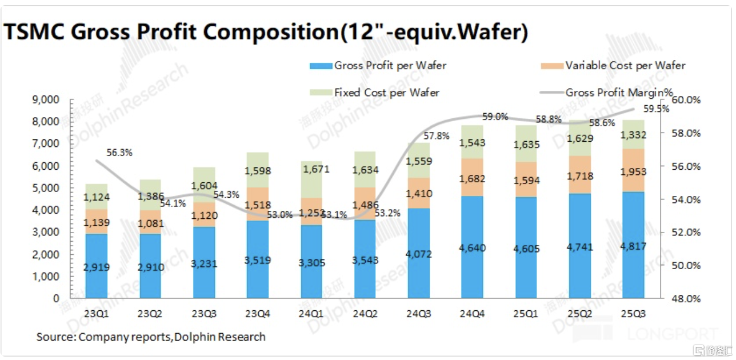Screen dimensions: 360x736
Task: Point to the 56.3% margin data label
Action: (x=119, y=153)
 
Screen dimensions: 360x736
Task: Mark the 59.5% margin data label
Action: (x=657, y=109)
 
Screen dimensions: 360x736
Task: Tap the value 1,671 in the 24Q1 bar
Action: (x=311, y=170)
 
